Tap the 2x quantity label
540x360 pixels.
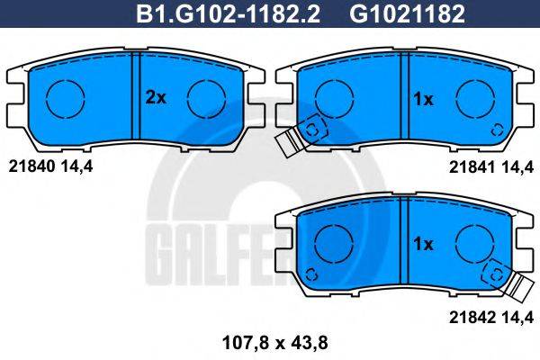(x=156, y=99)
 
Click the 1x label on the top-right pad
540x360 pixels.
(x=423, y=99)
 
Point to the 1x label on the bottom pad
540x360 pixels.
(x=423, y=244)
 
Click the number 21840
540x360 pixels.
(x=26, y=166)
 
